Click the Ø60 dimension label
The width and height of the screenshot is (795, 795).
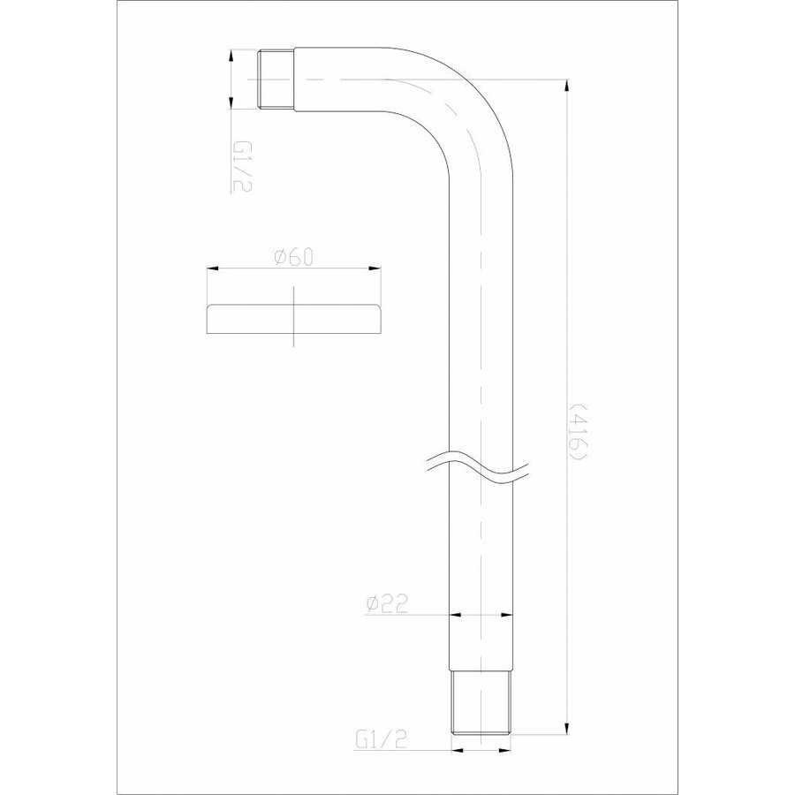pos(294,256)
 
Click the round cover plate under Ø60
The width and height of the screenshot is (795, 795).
pos(294,320)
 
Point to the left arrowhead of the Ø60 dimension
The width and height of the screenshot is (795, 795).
pos(212,269)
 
